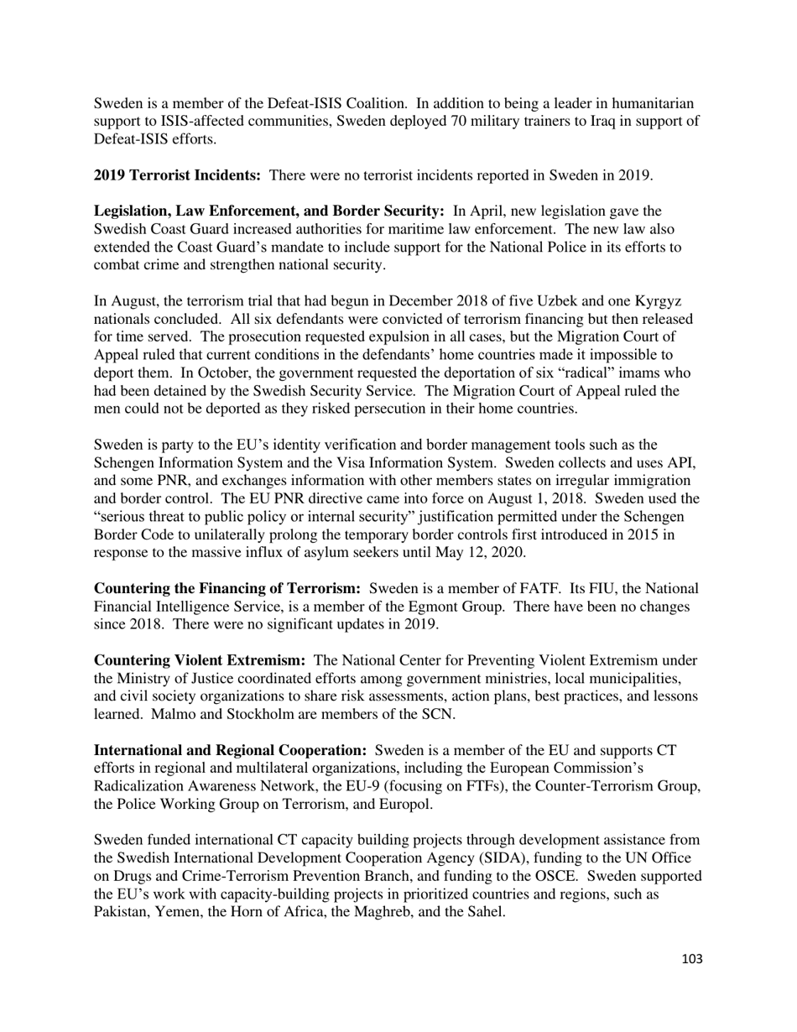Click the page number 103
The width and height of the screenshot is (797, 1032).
tap(692, 959)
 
